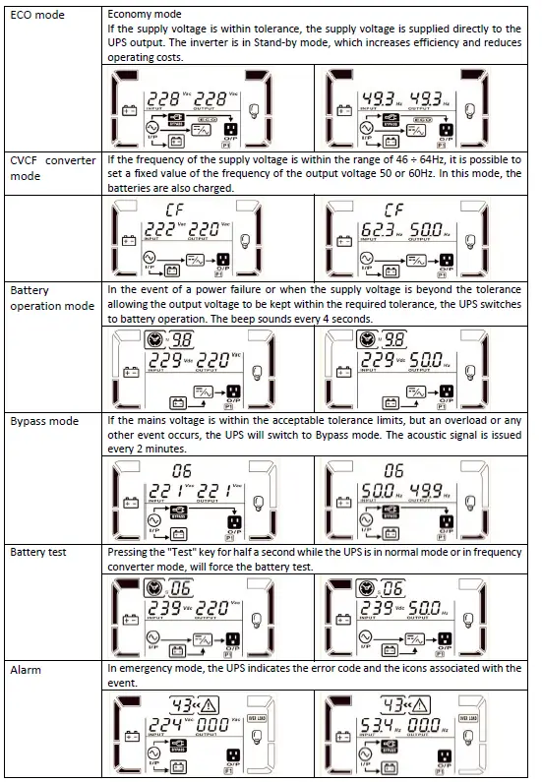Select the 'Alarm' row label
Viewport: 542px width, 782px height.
coord(28,669)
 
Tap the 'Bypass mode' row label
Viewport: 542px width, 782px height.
coord(44,421)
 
